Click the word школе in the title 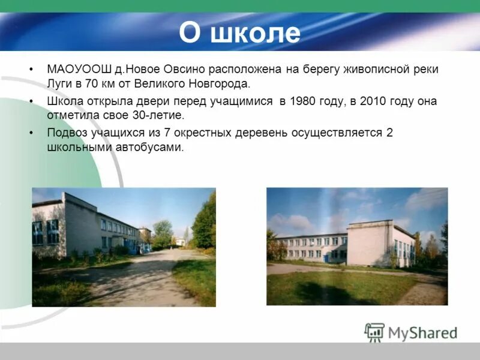(256, 34)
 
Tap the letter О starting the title (189, 34)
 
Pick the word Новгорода (220, 84)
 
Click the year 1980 (302, 101)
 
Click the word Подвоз (67, 133)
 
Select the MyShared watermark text (422, 333)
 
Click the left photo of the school (124, 247)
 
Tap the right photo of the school (357, 246)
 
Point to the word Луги (60, 84)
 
